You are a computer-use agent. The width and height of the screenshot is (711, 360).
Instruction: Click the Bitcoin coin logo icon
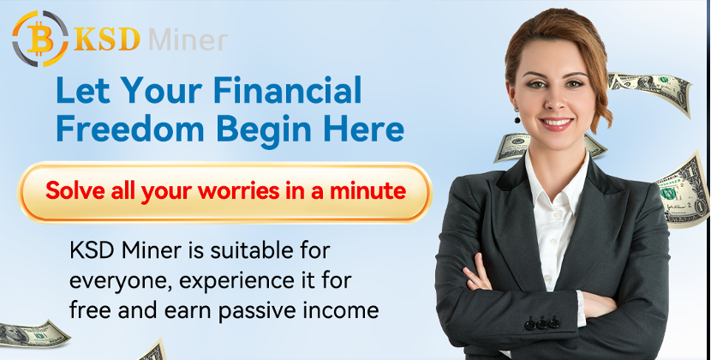pos(40,39)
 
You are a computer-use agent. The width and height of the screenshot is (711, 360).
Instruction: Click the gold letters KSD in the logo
pos(107,39)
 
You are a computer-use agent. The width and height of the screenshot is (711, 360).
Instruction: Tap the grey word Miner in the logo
pos(188,40)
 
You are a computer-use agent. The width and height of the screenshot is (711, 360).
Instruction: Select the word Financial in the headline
pos(288,90)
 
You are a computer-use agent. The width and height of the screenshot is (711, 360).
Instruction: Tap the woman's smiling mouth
pos(556,123)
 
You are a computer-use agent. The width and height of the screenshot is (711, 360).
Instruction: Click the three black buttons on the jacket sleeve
pos(541,324)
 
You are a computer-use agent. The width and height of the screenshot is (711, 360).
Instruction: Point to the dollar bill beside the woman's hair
pos(649,91)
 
